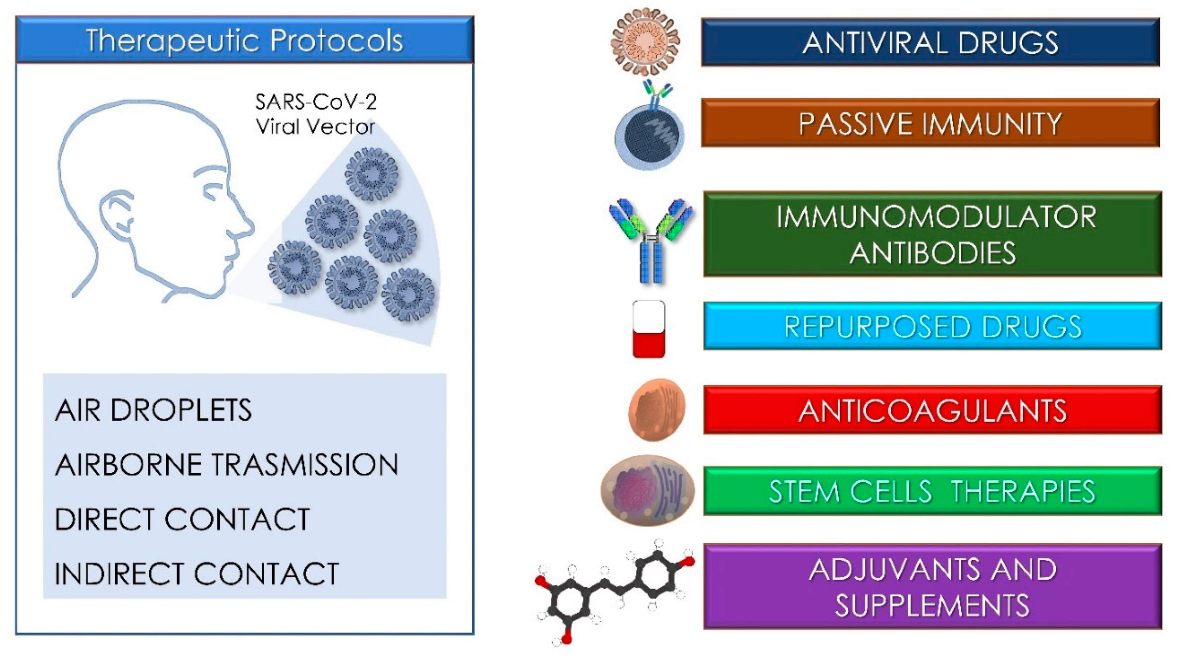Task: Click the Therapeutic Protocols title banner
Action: [x=244, y=40]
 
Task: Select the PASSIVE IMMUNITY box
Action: [x=930, y=123]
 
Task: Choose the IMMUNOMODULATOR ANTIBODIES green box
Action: [x=932, y=234]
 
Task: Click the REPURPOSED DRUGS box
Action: [x=932, y=326]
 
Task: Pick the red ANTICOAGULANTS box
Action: [x=932, y=410]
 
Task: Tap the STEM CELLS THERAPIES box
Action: [x=932, y=491]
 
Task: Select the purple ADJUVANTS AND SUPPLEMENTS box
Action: [x=932, y=586]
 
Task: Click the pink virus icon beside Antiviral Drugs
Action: [x=645, y=41]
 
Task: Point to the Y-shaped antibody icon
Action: [x=651, y=241]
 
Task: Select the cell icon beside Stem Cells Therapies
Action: [x=647, y=490]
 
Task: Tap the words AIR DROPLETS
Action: [x=153, y=410]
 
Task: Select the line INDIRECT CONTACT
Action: [x=197, y=574]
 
